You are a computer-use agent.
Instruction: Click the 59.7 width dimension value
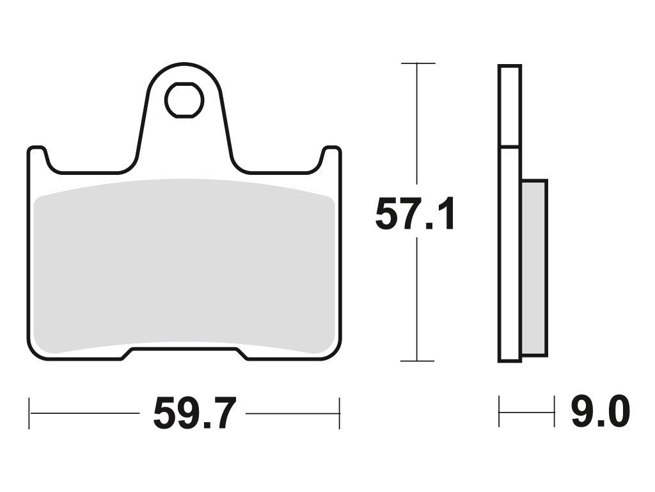click(195, 414)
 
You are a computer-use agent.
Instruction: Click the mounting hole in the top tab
click(184, 100)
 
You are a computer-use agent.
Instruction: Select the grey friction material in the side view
click(534, 268)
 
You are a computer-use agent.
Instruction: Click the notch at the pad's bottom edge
click(185, 354)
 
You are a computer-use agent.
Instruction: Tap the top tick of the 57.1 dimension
click(418, 63)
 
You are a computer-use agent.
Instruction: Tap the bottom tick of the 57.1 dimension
click(417, 361)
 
